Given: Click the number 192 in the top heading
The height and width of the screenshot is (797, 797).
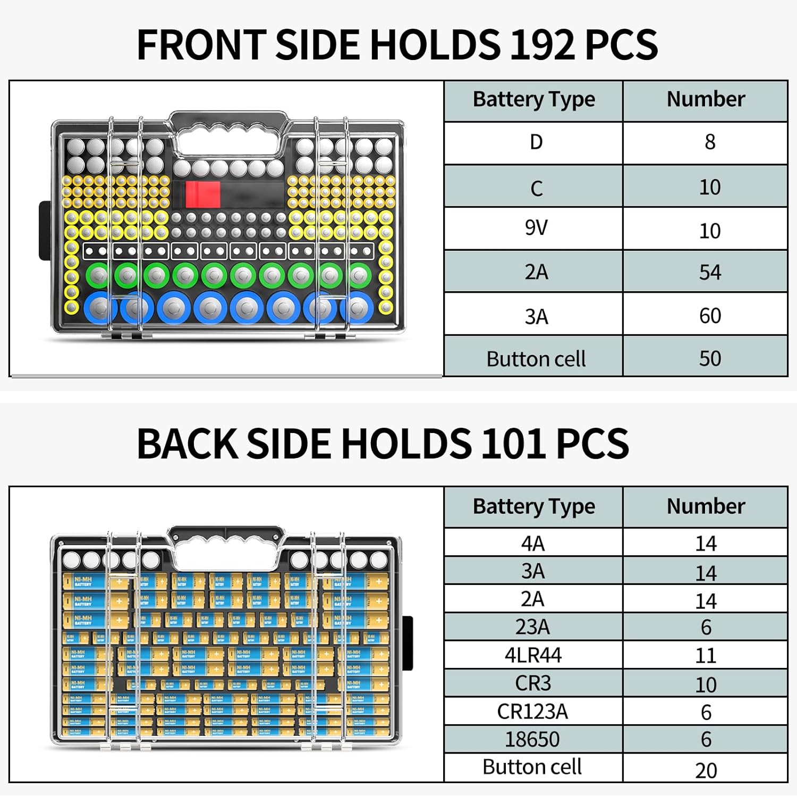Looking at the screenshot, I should tap(541, 44).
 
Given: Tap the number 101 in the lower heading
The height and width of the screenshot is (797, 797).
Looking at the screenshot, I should tap(512, 444).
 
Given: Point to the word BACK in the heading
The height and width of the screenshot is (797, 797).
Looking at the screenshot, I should tap(187, 444).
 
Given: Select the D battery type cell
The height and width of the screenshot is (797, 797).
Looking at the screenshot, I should tap(536, 142).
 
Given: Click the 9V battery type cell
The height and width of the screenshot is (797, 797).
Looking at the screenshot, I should tap(536, 228).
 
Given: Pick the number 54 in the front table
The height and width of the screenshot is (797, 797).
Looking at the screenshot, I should tap(710, 273).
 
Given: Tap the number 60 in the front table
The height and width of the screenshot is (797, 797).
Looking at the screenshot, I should tap(710, 316).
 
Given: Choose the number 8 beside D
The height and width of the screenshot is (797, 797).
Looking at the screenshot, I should tap(710, 142).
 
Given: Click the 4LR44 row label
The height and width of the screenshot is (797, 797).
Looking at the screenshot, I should tap(533, 655).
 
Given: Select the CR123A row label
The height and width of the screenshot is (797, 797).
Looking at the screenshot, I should tap(532, 711).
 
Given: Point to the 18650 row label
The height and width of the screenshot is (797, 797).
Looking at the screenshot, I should tap(532, 739).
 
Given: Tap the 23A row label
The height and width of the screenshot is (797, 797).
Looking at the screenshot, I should tap(532, 628).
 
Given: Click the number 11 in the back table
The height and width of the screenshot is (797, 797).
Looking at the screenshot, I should tap(706, 656).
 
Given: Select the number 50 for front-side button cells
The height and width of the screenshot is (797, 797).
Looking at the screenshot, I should tap(710, 359).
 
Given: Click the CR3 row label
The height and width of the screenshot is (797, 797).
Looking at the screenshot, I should tap(533, 683).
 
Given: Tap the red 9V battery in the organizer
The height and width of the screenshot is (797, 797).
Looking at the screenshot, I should tap(203, 195).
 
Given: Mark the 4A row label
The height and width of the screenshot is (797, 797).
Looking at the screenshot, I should tap(532, 544).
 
